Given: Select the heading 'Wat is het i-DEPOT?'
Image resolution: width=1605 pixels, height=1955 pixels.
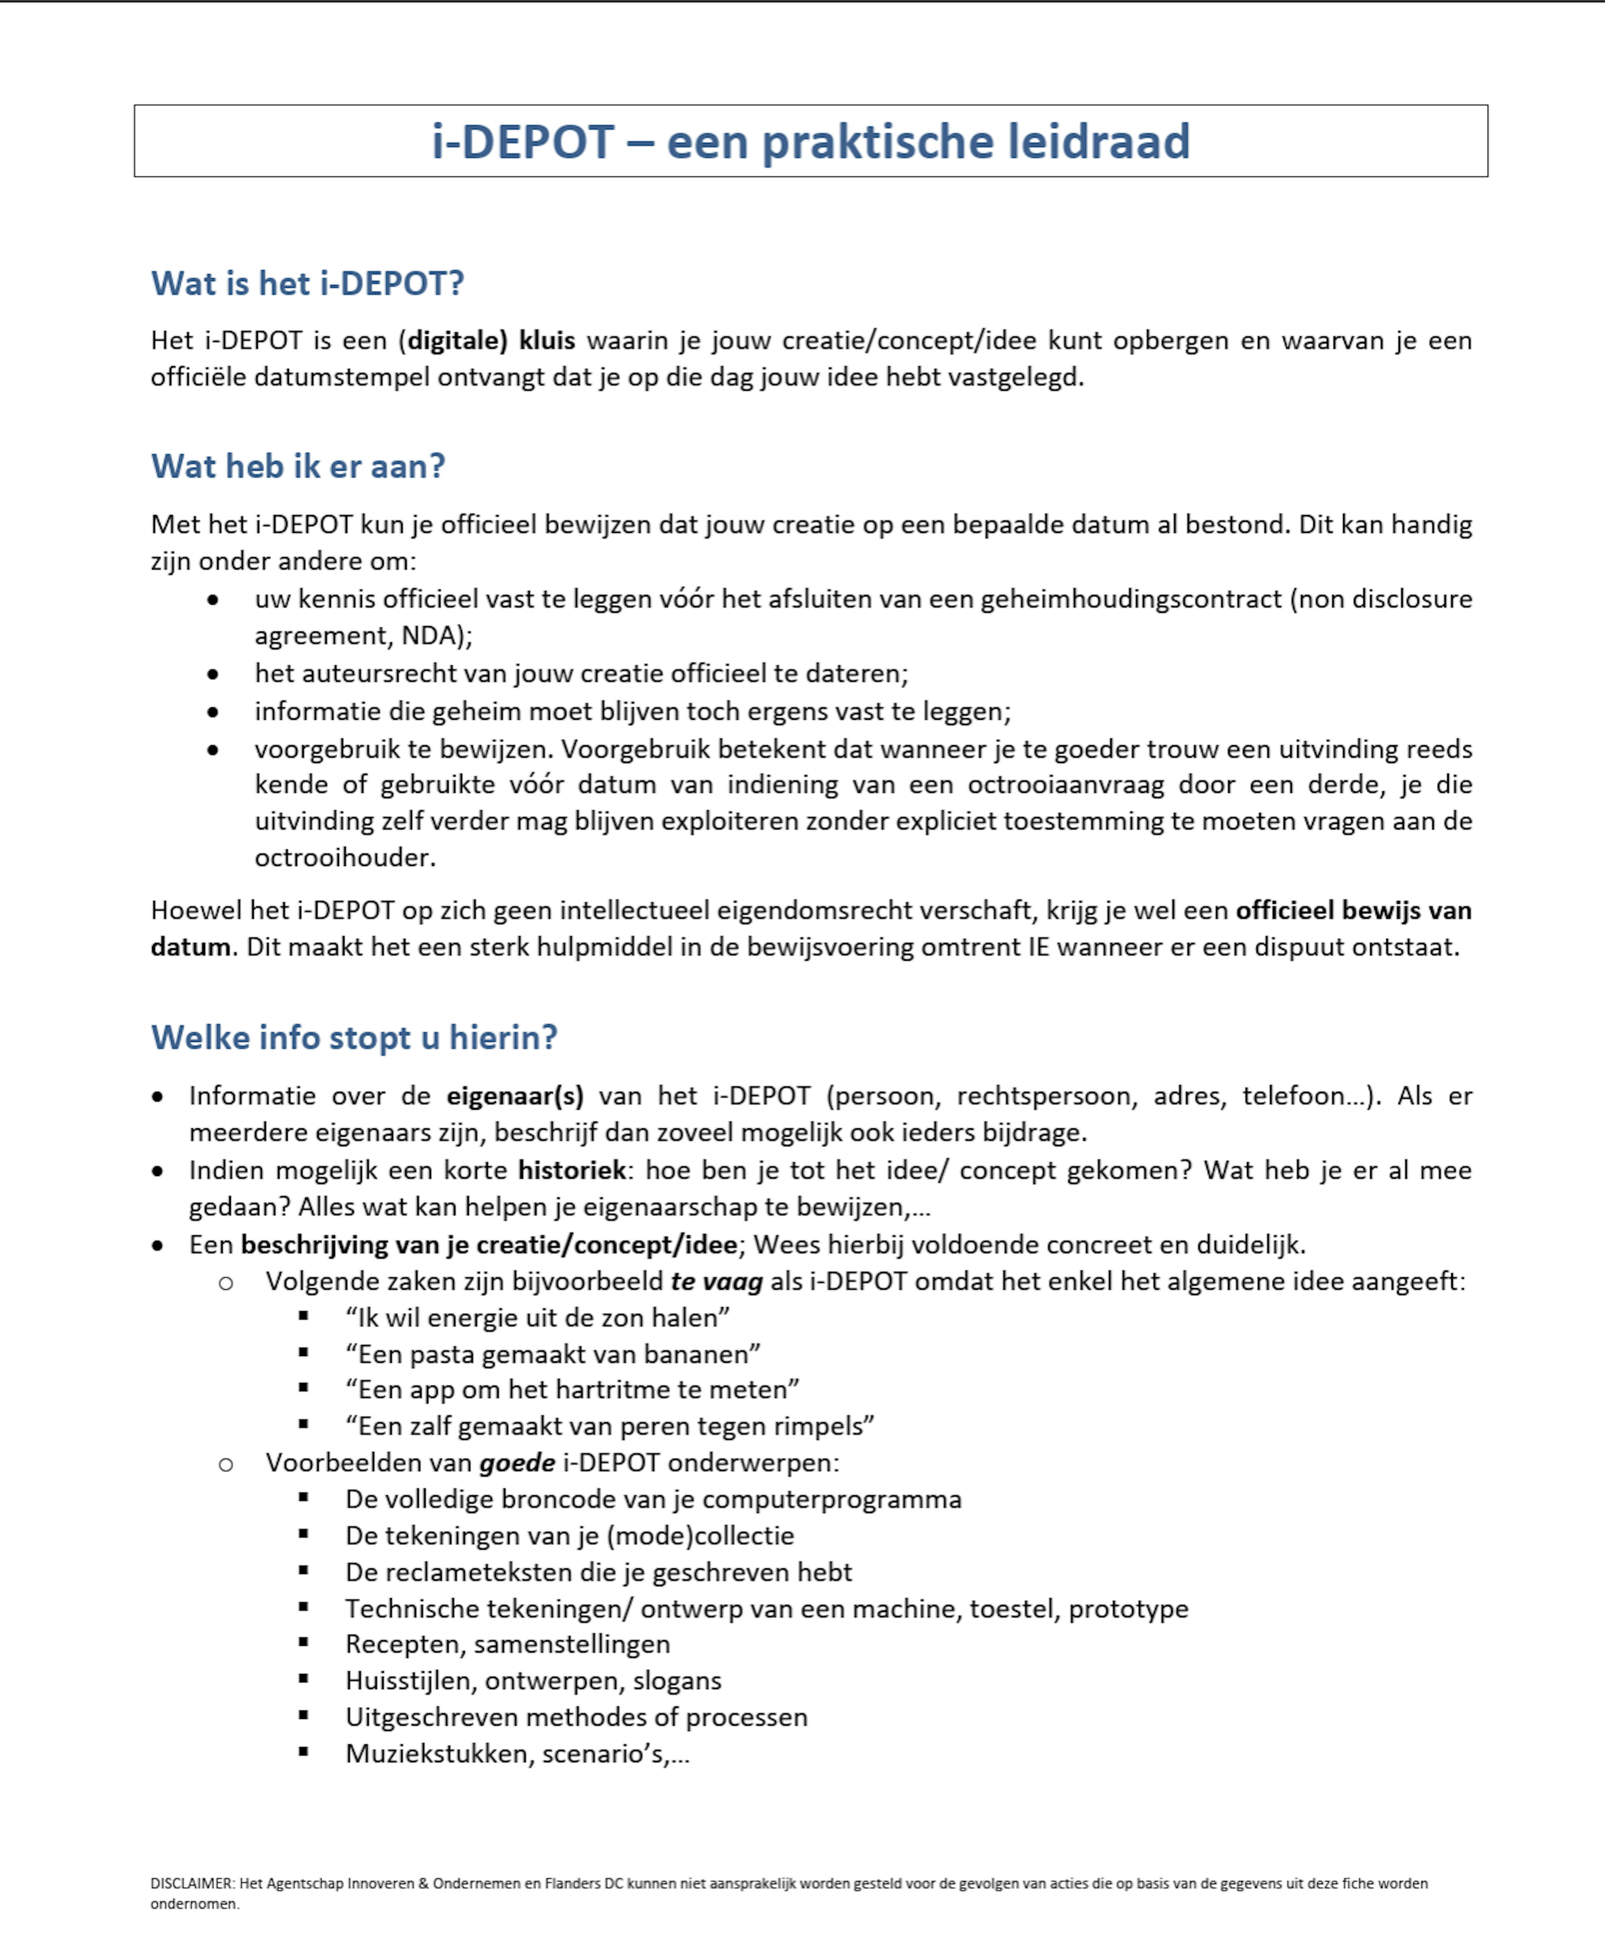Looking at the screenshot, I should tap(307, 283).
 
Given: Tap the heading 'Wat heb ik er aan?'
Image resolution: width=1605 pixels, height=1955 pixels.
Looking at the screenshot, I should tap(298, 466).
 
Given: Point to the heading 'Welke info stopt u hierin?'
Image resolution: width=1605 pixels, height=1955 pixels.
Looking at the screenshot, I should tap(354, 1038).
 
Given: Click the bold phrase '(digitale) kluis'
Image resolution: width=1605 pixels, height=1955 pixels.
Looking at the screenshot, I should tap(487, 340).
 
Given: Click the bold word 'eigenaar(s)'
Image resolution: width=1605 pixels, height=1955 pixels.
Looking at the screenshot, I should tap(515, 1096).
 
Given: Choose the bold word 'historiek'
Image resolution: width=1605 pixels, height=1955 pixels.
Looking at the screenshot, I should tap(571, 1171).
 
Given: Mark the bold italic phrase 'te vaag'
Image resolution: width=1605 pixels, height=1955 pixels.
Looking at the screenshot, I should tap(717, 1282).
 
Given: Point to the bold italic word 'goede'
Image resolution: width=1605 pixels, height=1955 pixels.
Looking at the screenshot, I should tap(517, 1463).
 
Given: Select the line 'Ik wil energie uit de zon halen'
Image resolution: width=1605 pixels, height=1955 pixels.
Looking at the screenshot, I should tap(537, 1318).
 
